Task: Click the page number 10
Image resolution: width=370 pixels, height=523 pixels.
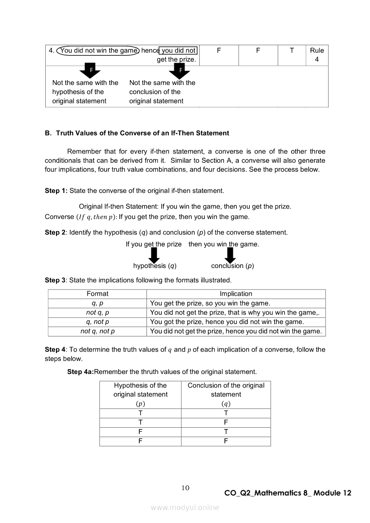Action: pyautogui.click(x=185, y=488)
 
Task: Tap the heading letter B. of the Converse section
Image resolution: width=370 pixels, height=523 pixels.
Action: pyautogui.click(x=48, y=133)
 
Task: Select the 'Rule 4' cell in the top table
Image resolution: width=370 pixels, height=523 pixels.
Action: pyautogui.click(x=317, y=55)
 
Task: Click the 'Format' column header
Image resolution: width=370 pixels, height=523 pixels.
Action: pyautogui.click(x=97, y=294)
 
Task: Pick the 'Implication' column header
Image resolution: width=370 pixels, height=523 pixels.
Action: pyautogui.click(x=236, y=294)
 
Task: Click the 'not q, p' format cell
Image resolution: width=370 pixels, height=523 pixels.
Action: pyautogui.click(x=97, y=313)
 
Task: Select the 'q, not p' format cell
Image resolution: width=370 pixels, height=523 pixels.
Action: pyautogui.click(x=97, y=322)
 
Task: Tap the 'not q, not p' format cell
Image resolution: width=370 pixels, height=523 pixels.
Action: pyautogui.click(x=97, y=332)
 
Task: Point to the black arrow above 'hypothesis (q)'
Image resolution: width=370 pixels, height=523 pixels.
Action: pyautogui.click(x=154, y=255)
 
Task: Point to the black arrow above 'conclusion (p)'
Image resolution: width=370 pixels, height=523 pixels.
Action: pyautogui.click(x=230, y=255)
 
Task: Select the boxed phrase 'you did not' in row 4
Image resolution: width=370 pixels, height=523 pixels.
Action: pyautogui.click(x=179, y=51)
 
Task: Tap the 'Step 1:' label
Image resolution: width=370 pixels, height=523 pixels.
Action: pyautogui.click(x=56, y=191)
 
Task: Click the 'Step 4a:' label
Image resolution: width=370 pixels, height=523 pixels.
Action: pyautogui.click(x=81, y=372)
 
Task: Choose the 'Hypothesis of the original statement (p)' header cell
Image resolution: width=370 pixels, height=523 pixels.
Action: pyautogui.click(x=140, y=394)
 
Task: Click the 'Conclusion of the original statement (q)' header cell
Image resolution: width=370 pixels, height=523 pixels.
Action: pyautogui.click(x=226, y=394)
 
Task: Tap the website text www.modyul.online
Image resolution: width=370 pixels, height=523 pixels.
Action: pyautogui.click(x=185, y=508)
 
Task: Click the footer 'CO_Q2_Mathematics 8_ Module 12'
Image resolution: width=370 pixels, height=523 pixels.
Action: pyautogui.click(x=288, y=493)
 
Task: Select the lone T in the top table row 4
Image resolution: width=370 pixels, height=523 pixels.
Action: pyautogui.click(x=292, y=51)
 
